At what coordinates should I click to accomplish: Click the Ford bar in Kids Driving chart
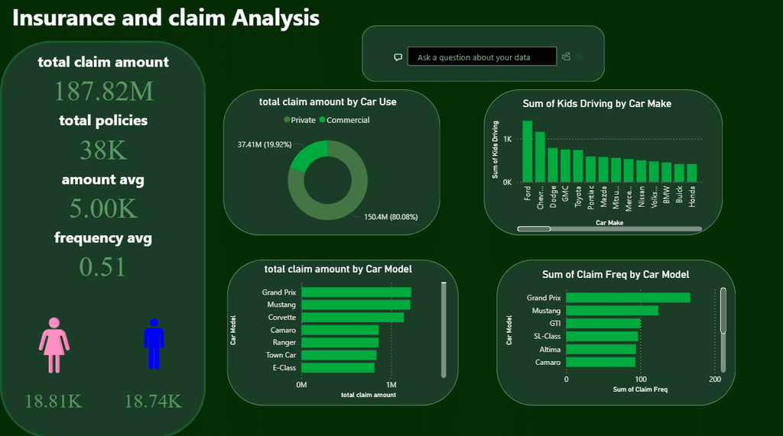tap(528, 151)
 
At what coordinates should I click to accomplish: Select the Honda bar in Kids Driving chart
tap(691, 173)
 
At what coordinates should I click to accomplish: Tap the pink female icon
tap(54, 345)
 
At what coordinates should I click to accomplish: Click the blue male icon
tap(154, 344)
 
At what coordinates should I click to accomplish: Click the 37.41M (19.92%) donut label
tap(265, 144)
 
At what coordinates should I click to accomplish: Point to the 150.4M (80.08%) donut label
tap(390, 217)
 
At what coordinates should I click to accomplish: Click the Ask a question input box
tap(482, 57)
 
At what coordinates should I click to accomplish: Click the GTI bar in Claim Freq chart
tap(603, 324)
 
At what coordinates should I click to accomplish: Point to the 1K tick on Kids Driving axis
tap(507, 139)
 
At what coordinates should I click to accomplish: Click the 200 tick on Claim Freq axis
tap(714, 379)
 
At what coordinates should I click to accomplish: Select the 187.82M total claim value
tap(103, 92)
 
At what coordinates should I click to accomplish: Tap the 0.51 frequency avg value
tap(103, 267)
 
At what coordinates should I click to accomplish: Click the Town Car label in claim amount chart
tap(281, 355)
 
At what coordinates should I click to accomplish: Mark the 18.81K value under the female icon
tap(54, 401)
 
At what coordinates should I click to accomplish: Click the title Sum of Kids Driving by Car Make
tap(596, 103)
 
